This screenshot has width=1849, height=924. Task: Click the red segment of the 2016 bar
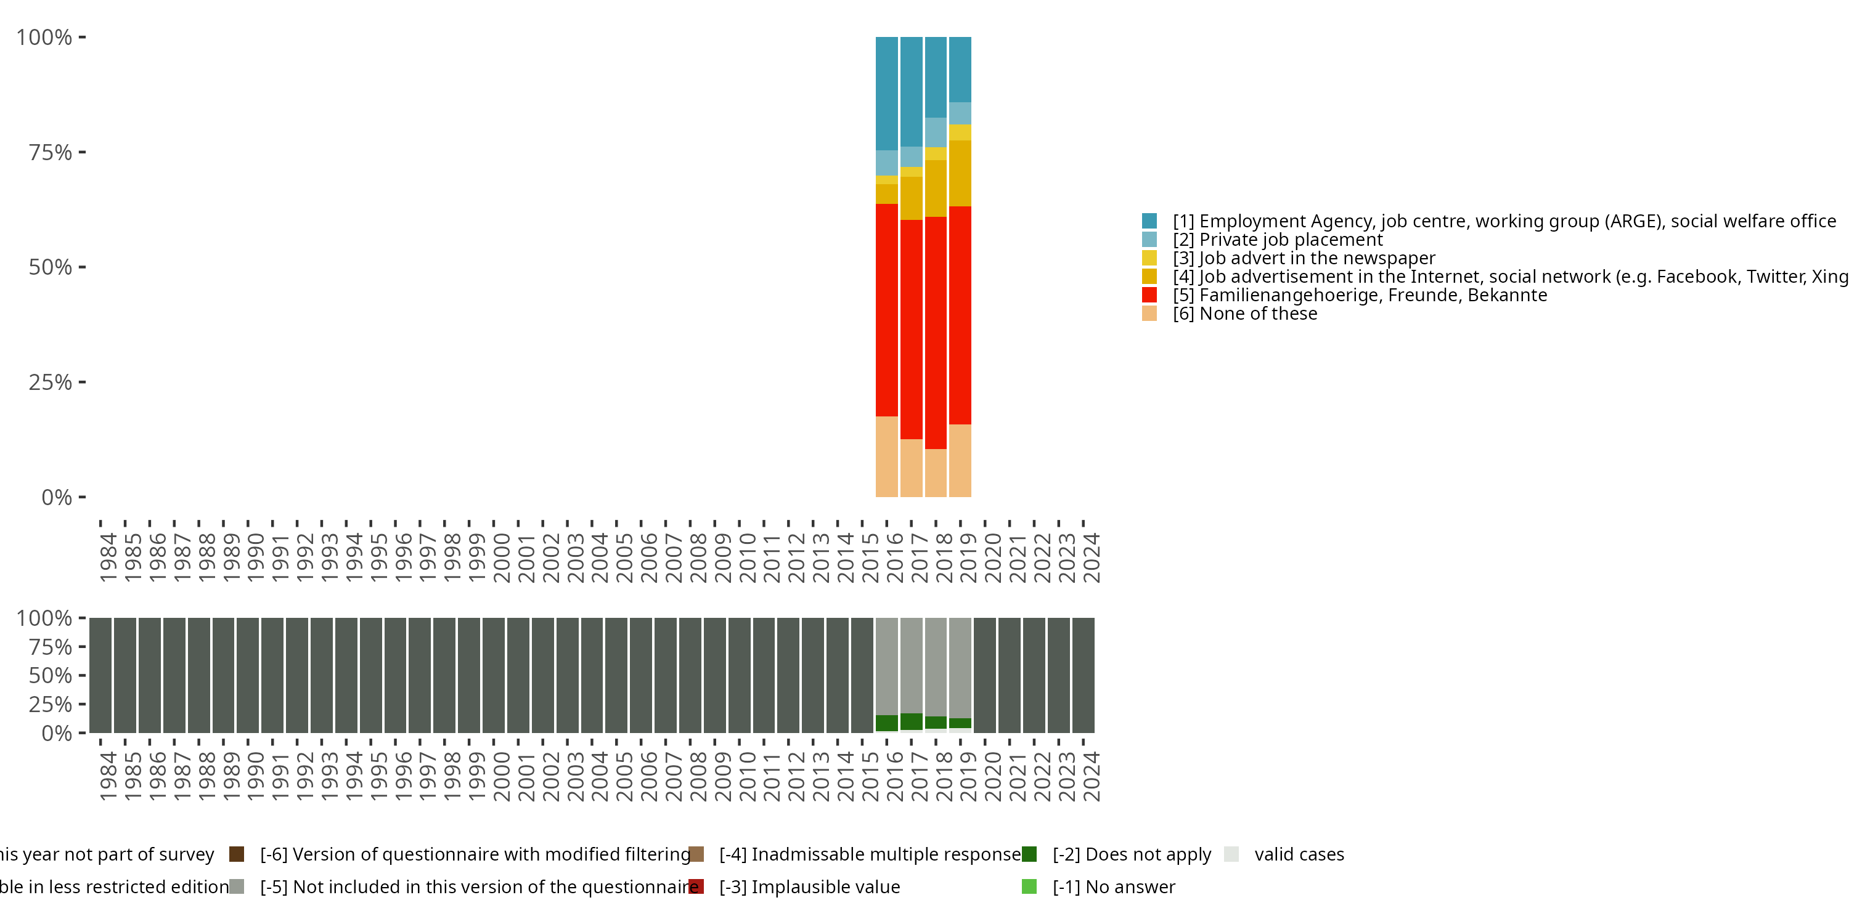[886, 310]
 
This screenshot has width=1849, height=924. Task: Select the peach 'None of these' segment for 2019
[960, 461]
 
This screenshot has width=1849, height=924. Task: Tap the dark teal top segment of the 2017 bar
[911, 92]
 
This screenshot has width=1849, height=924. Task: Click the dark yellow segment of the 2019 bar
[960, 174]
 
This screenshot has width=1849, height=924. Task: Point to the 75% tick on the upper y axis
[82, 152]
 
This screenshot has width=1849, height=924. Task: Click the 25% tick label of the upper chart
[51, 383]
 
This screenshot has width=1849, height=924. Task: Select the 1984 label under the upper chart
[108, 557]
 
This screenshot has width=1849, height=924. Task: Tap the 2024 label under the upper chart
[1091, 557]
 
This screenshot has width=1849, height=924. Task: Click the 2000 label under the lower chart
[501, 776]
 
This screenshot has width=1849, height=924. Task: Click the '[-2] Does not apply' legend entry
[1131, 854]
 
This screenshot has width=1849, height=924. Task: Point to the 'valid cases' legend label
[1299, 854]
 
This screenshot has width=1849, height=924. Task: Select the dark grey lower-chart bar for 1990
[248, 675]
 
